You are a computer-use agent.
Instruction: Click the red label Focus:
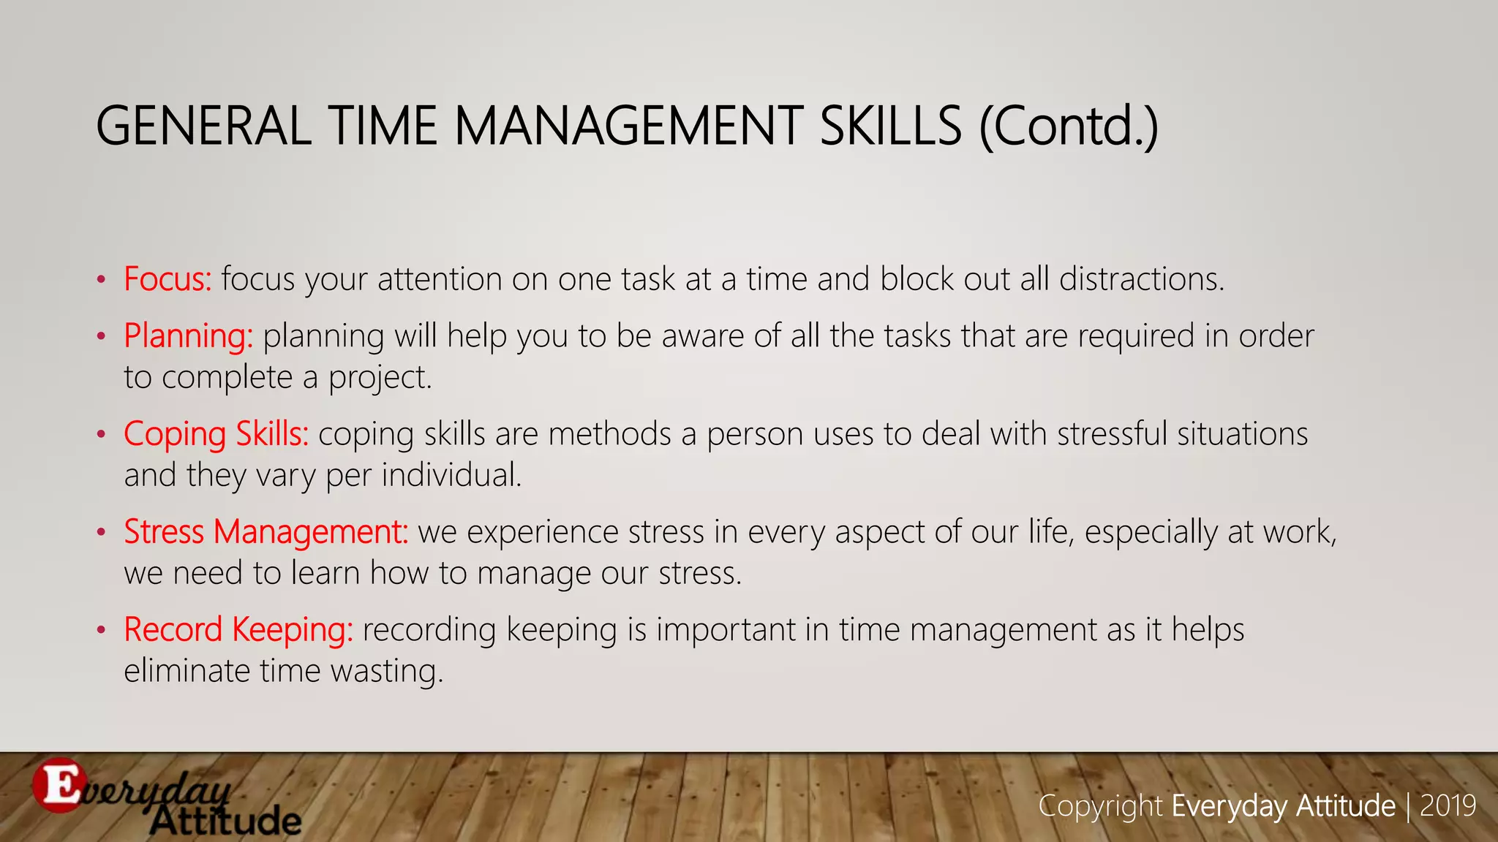tap(168, 279)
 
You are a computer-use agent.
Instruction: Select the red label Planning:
tap(188, 336)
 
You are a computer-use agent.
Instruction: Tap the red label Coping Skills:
tap(216, 434)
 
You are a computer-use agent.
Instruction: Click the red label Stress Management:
tap(266, 532)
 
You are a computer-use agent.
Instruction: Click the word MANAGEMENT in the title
tap(628, 126)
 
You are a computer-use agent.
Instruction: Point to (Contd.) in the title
tap(1068, 126)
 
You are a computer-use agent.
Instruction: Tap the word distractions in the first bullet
tap(1140, 279)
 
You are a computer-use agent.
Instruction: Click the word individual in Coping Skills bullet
tap(451, 476)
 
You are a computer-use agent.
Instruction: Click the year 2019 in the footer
tap(1448, 805)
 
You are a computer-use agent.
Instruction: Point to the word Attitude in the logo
tap(227, 822)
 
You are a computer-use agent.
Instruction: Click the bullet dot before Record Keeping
tap(102, 630)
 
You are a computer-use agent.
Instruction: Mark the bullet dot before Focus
tap(102, 280)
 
